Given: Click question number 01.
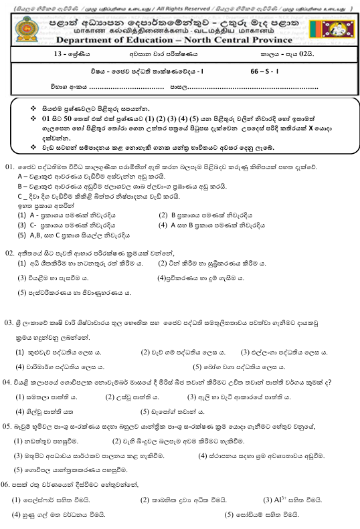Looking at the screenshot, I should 9,166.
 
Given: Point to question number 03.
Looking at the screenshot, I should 9,322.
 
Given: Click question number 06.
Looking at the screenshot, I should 9,483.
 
